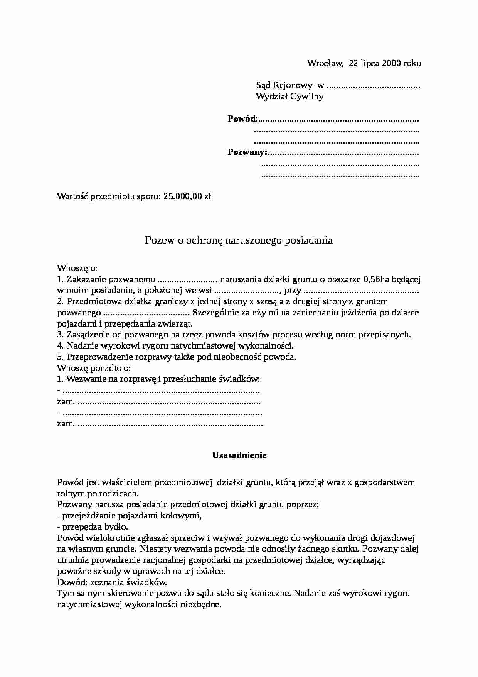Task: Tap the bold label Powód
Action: [242, 119]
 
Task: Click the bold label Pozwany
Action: [247, 152]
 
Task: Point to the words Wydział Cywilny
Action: [289, 96]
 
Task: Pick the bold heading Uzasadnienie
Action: [239, 455]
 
